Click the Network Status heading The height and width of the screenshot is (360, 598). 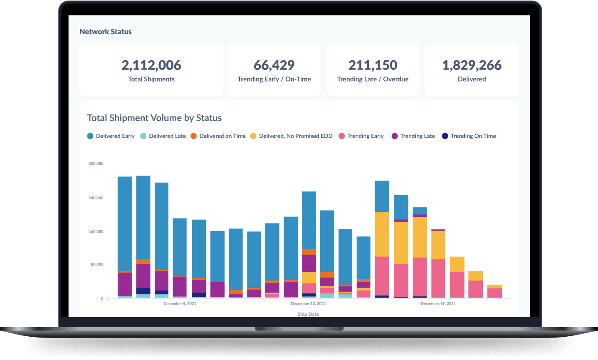[105, 32]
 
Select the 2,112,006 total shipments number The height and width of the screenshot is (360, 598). [151, 65]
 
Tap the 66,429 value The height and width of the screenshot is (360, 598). [274, 65]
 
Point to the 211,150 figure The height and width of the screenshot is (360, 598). [373, 65]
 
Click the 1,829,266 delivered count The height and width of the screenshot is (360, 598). [472, 65]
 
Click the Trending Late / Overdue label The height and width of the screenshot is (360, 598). [373, 79]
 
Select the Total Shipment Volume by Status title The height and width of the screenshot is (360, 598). [154, 118]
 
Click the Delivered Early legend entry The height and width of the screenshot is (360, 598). [111, 136]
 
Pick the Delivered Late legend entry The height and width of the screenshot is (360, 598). [163, 136]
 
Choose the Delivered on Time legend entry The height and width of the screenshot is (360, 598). [218, 136]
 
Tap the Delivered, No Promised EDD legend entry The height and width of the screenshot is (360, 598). [291, 136]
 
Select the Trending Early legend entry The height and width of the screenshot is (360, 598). [361, 136]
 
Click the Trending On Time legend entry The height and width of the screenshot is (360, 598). [469, 136]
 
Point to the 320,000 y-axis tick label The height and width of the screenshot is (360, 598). [96, 164]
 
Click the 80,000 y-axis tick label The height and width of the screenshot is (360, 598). [96, 264]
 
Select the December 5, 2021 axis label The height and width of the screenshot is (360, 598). [180, 304]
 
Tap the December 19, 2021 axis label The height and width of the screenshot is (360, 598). [438, 304]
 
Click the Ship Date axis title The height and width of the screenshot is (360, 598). [308, 314]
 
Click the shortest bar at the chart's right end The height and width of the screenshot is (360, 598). [494, 292]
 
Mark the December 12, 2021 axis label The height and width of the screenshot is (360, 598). [308, 304]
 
